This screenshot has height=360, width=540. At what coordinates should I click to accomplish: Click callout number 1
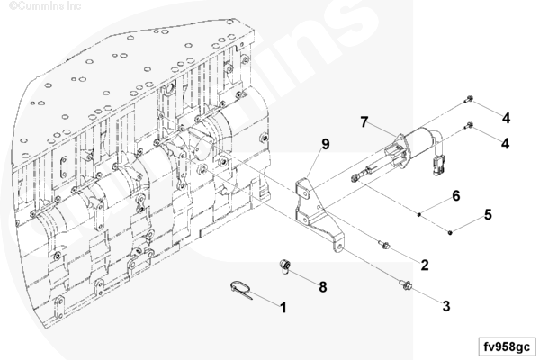pyautogui.click(x=283, y=307)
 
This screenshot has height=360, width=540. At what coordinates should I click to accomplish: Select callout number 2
pyautogui.click(x=425, y=265)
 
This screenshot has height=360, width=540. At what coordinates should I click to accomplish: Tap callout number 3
pyautogui.click(x=446, y=306)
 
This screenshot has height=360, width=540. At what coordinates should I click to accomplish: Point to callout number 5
pyautogui.click(x=488, y=214)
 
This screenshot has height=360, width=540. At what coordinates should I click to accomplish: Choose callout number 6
pyautogui.click(x=455, y=195)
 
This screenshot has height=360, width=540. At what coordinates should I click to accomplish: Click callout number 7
pyautogui.click(x=364, y=122)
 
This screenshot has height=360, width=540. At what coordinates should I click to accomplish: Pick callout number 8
pyautogui.click(x=323, y=286)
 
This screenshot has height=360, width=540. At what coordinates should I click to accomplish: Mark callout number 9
pyautogui.click(x=326, y=144)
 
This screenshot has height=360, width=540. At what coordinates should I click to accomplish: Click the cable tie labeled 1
pyautogui.click(x=241, y=290)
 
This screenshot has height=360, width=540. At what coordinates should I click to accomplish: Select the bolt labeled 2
pyautogui.click(x=384, y=245)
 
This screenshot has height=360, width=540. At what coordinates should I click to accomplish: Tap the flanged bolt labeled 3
pyautogui.click(x=406, y=284)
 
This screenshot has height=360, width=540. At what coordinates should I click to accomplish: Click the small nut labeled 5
pyautogui.click(x=451, y=233)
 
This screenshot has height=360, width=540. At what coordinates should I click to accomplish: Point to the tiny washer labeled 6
pyautogui.click(x=419, y=214)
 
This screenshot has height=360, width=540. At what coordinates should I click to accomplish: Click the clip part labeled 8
pyautogui.click(x=285, y=266)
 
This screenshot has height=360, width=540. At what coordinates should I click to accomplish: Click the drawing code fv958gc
pyautogui.click(x=507, y=346)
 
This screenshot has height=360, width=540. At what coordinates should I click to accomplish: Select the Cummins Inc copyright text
pyautogui.click(x=45, y=6)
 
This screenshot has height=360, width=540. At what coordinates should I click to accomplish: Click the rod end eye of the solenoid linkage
pyautogui.click(x=354, y=178)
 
